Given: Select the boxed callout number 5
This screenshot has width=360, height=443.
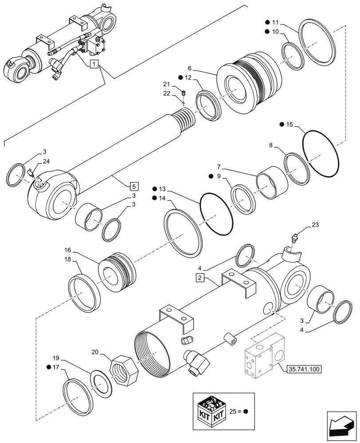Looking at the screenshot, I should tap(134, 186).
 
